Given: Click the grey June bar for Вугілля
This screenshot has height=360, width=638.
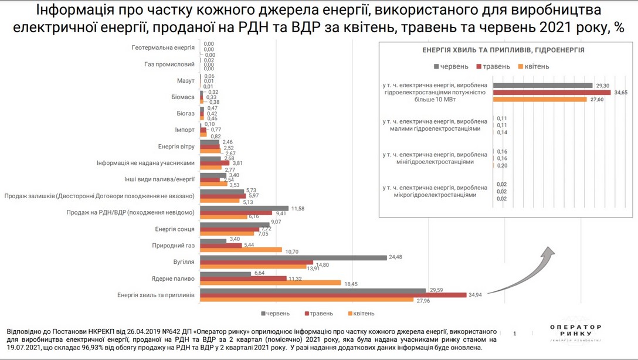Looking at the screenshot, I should tap(294, 257).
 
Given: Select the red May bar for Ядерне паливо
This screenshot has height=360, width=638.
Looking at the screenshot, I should tap(243, 279).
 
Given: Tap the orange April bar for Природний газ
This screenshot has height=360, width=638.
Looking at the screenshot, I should tap(241, 250).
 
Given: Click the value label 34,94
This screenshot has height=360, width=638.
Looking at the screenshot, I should tap(476, 294).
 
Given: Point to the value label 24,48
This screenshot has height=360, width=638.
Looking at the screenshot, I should tap(396, 257).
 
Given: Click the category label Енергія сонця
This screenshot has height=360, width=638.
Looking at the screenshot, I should tap(174, 229).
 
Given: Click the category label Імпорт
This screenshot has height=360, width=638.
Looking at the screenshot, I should tap(185, 130).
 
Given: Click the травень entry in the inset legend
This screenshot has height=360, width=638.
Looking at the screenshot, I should tap(496, 66).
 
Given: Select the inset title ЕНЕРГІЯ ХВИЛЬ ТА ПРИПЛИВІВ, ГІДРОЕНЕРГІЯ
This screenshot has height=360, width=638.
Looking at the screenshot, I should tap(503, 50).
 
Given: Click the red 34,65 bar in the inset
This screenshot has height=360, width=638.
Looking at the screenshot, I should tap(552, 93).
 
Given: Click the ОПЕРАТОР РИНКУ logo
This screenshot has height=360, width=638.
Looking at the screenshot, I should tap(575, 332).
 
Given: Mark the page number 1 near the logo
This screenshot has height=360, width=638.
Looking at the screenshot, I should tap(515, 334).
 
